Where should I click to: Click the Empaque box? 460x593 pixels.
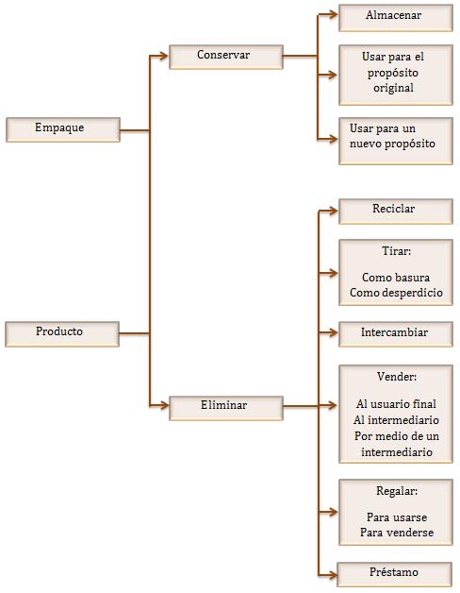click(63, 129)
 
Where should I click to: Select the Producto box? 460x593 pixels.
click(62, 334)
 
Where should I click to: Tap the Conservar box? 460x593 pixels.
click(226, 57)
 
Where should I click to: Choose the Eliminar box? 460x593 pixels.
click(226, 408)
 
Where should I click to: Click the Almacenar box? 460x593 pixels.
click(395, 18)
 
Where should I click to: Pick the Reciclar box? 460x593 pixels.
click(395, 212)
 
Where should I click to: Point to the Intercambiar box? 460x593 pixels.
click(395, 334)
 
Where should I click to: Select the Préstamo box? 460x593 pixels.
click(394, 574)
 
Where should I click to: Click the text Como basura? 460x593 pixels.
click(395, 278)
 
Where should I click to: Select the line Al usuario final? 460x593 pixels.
click(396, 404)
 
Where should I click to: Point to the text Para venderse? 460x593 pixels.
click(397, 533)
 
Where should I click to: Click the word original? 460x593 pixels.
click(393, 88)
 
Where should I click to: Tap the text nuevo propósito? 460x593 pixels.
click(392, 144)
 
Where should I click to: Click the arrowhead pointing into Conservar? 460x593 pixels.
click(163, 56)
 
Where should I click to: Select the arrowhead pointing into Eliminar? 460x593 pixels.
click(163, 406)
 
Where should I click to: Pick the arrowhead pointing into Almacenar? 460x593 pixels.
click(333, 15)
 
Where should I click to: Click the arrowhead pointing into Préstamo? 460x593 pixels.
click(332, 576)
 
